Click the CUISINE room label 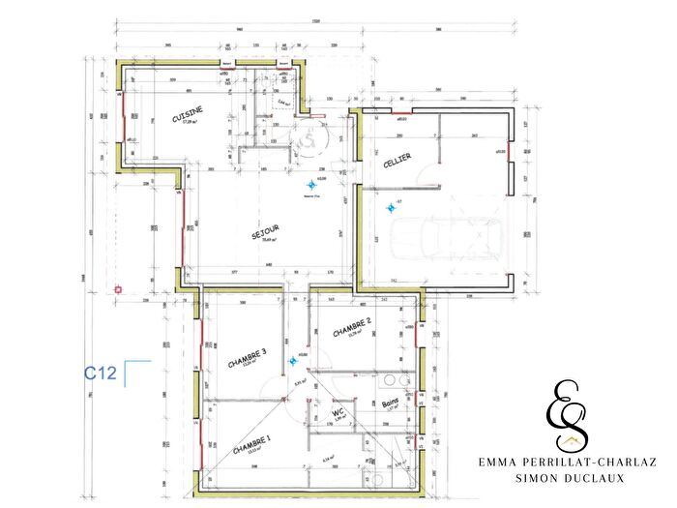pyautogui.click(x=187, y=115)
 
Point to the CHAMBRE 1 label pyautogui.click(x=251, y=447)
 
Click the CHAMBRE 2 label pyautogui.click(x=352, y=329)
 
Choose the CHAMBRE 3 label pyautogui.click(x=247, y=359)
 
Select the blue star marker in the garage pyautogui.click(x=390, y=205)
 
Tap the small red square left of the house pyautogui.click(x=118, y=288)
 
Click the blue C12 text pyautogui.click(x=102, y=373)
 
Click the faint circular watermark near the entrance pyautogui.click(x=309, y=141)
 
